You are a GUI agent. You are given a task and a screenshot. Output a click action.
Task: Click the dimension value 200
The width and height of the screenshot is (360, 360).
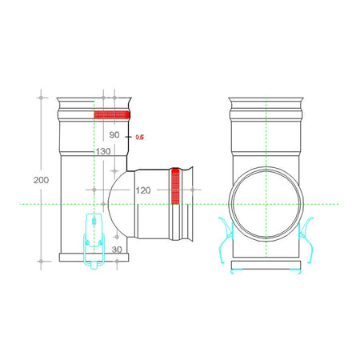click(41, 180)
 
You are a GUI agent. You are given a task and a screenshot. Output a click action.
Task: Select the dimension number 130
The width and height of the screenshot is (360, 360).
click(103, 151)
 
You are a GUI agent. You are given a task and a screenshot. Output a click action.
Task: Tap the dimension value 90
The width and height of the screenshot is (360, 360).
click(114, 135)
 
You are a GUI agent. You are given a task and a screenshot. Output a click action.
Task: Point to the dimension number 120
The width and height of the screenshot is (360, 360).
click(143, 190)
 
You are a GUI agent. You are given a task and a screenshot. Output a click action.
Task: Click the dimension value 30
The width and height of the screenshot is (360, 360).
click(117, 250)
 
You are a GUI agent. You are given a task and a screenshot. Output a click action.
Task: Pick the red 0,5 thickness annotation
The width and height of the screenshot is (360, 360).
click(140, 138)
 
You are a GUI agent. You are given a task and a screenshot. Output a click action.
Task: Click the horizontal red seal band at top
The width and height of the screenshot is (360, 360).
click(112, 114)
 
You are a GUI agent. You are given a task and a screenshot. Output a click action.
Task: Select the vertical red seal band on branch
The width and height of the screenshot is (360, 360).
click(175, 186)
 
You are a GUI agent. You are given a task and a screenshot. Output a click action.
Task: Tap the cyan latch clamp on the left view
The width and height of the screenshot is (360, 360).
click(94, 241)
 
